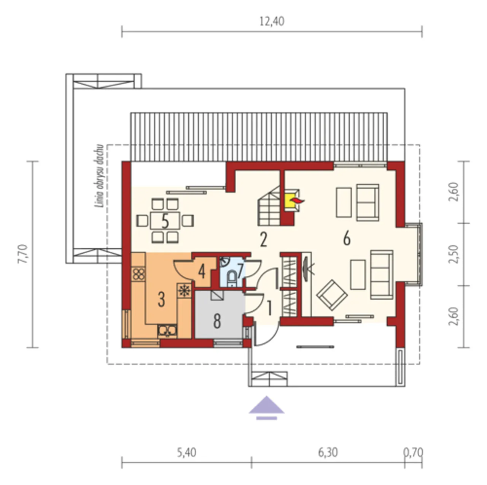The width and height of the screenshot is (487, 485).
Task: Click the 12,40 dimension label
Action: [x=272, y=21]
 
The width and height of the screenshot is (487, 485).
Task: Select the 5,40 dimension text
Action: [x=186, y=453]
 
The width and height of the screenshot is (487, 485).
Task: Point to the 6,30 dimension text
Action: [x=328, y=453]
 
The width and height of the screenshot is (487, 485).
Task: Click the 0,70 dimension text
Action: [x=413, y=453]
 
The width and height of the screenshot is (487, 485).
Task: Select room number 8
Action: [x=217, y=321]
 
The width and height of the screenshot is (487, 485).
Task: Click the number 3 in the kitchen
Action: [x=161, y=299]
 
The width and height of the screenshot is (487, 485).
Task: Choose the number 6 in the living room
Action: [x=347, y=238]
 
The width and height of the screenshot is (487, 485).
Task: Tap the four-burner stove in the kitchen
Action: [x=138, y=274]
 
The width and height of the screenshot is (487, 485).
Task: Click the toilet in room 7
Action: [x=231, y=278]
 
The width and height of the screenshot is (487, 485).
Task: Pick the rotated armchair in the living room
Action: [x=332, y=295]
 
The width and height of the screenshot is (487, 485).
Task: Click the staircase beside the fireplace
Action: [x=269, y=205]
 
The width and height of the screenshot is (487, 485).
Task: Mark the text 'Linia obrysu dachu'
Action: [x=99, y=176]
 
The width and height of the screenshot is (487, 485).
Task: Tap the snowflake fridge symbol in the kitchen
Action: [x=184, y=291]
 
